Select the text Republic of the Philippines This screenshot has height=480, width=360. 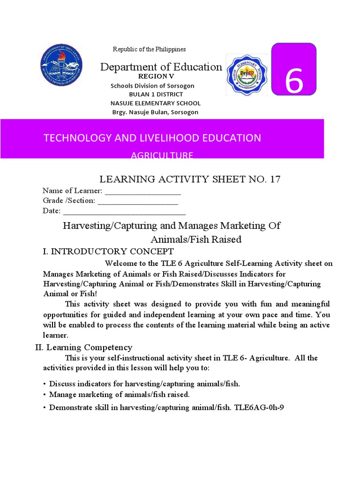tap(149, 49)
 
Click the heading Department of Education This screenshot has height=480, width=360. tap(161, 67)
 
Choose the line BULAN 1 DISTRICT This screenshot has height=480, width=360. tap(152, 94)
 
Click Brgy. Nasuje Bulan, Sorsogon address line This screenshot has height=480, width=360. tap(155, 112)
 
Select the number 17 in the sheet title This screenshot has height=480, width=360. tap(274, 180)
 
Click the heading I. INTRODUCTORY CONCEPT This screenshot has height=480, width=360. tap(108, 251)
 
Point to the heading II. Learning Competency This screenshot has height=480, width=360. tap(84, 347)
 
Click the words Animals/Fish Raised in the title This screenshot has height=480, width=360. tap(195, 240)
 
